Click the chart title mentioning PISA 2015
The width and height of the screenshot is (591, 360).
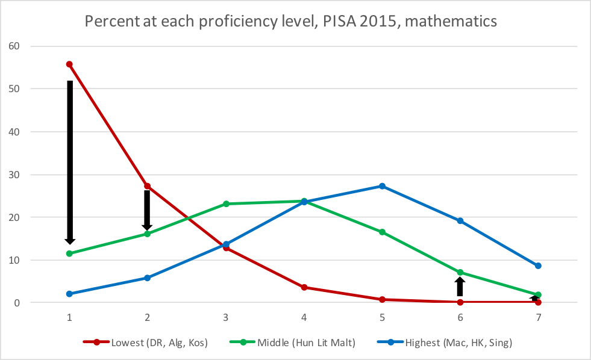click(291, 21)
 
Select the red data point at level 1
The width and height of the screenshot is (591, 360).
click(69, 64)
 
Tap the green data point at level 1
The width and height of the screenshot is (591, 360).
click(69, 253)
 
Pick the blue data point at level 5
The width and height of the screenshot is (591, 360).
click(382, 186)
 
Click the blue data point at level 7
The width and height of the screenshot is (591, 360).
click(538, 265)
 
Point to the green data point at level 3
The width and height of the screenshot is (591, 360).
click(226, 203)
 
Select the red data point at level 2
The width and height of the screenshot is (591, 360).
click(147, 186)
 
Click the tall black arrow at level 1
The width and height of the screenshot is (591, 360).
click(70, 160)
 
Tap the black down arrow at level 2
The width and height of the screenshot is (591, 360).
click(147, 209)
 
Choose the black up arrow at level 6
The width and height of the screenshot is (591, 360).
click(460, 287)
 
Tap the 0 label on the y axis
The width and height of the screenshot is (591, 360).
click(16, 303)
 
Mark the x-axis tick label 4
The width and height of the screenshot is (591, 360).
click(304, 317)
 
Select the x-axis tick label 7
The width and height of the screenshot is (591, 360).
click(538, 317)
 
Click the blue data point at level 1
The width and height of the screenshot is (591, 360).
click(69, 294)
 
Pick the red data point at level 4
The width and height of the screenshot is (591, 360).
click(304, 287)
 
